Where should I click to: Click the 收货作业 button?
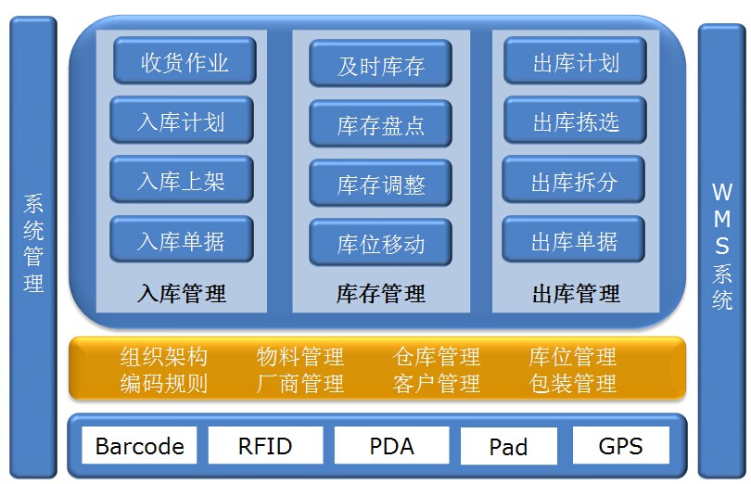pyautogui.click(x=185, y=61)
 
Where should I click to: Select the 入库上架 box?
pyautogui.click(x=182, y=180)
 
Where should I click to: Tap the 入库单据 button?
pyautogui.click(x=182, y=239)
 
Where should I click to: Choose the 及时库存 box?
pyautogui.click(x=380, y=63)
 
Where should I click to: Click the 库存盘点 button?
pyautogui.click(x=380, y=123)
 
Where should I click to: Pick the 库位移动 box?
pyautogui.click(x=380, y=243)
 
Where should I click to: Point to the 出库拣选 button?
pyautogui.click(x=575, y=121)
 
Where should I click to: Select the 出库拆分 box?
pyautogui.click(x=573, y=180)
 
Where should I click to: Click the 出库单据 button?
pyautogui.click(x=573, y=239)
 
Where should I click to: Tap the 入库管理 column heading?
pyautogui.click(x=182, y=293)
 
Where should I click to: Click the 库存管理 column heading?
pyautogui.click(x=381, y=293)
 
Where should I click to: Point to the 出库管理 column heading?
pyautogui.click(x=576, y=293)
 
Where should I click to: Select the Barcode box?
pyautogui.click(x=139, y=446)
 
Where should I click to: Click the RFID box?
pyautogui.click(x=265, y=446)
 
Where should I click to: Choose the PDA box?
pyautogui.click(x=392, y=446)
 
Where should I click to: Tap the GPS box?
pyautogui.click(x=620, y=446)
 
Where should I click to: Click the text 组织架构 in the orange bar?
pyautogui.click(x=164, y=357)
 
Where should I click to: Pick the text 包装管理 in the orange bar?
pyautogui.click(x=572, y=383)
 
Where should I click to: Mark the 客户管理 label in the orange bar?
pyautogui.click(x=437, y=383)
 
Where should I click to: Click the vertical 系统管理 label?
pyautogui.click(x=33, y=243)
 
